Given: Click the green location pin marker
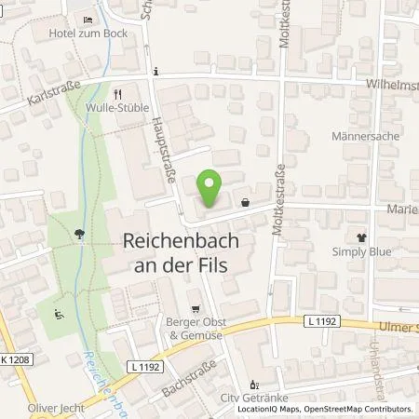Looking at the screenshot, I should click(x=212, y=190).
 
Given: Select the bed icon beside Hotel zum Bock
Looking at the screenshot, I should click(x=88, y=20).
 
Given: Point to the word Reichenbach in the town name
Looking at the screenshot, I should click(x=175, y=240).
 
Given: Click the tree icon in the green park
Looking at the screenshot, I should click(x=82, y=234).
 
